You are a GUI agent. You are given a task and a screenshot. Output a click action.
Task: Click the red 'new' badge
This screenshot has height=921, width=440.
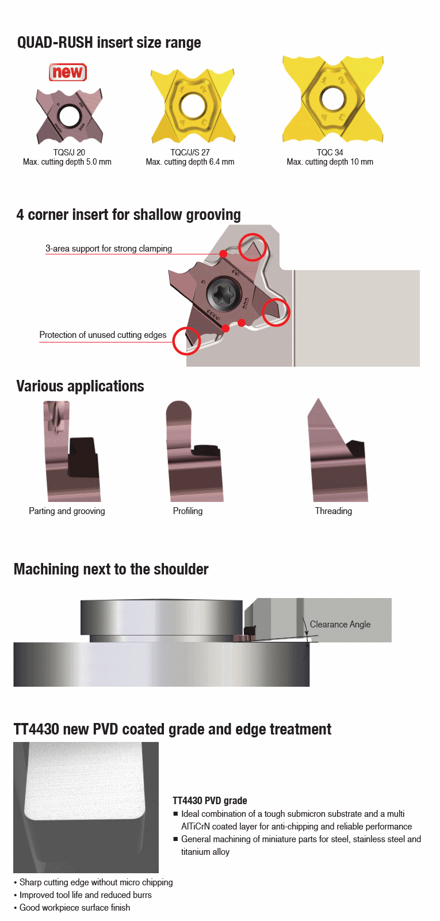[68, 73]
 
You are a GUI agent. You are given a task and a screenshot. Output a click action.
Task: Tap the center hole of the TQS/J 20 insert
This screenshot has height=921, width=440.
[69, 116]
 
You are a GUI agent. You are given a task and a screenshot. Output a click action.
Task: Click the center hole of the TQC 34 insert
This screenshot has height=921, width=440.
[332, 98]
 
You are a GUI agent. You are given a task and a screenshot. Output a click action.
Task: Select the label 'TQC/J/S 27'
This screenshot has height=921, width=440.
[190, 152]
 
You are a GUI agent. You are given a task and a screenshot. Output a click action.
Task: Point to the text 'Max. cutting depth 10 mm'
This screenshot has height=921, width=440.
[330, 162]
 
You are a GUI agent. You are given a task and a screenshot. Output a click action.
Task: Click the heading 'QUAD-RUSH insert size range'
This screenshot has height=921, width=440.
[109, 43]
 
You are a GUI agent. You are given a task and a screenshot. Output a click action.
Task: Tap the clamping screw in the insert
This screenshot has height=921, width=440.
[222, 294]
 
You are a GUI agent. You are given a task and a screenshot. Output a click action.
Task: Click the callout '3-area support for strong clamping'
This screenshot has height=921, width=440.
[109, 248]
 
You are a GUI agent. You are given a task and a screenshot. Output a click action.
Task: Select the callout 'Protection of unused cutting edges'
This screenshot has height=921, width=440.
[103, 334]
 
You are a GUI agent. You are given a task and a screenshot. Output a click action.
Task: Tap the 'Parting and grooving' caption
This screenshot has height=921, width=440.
[67, 511]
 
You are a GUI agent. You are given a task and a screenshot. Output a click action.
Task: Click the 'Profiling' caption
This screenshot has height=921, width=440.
[188, 511]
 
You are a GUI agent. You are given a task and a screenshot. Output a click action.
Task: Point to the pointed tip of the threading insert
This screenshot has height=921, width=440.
[317, 399]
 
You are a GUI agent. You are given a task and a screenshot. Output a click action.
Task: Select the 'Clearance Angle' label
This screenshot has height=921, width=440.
[340, 624]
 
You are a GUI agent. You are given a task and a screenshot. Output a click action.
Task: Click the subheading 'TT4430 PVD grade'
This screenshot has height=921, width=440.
[209, 801]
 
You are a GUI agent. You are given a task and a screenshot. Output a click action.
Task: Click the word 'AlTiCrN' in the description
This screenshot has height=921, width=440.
[196, 827]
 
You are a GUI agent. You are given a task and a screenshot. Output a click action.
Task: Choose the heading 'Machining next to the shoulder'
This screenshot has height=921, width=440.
[111, 569]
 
